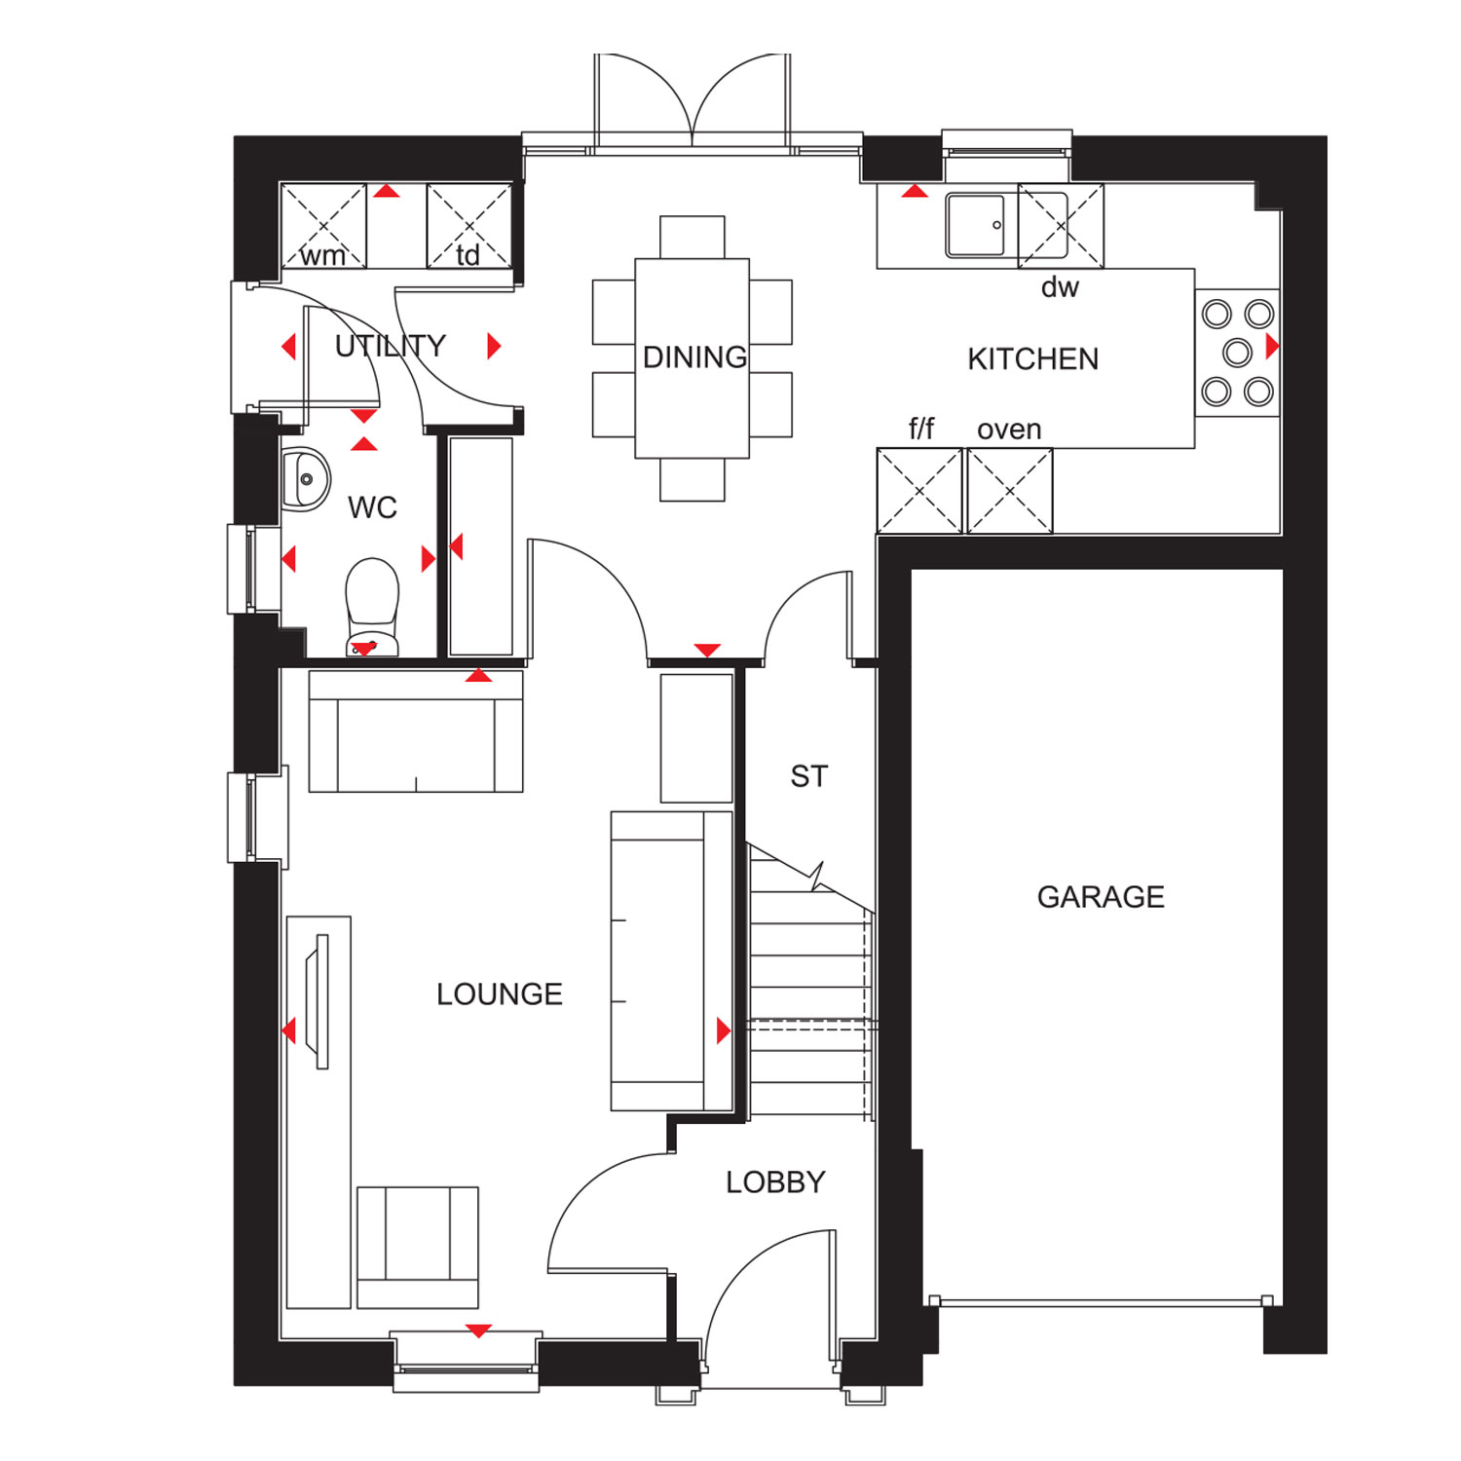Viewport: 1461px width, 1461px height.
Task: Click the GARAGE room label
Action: (x=1100, y=896)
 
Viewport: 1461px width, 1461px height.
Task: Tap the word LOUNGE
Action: (x=499, y=993)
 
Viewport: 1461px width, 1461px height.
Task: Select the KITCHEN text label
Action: (x=1032, y=358)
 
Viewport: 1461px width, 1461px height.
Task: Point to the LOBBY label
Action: (x=775, y=1181)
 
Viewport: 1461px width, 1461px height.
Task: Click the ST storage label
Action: (x=808, y=776)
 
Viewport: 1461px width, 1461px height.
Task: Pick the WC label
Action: (x=372, y=507)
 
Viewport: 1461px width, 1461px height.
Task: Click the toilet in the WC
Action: (x=372, y=604)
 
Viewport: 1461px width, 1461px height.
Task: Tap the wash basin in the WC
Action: (x=304, y=479)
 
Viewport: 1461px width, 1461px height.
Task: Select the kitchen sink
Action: (x=975, y=225)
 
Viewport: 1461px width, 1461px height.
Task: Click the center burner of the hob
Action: (x=1237, y=352)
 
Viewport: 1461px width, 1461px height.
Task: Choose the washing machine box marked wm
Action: (x=323, y=226)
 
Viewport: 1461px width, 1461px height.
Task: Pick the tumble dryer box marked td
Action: (x=468, y=226)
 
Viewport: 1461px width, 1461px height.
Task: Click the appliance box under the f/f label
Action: (x=919, y=491)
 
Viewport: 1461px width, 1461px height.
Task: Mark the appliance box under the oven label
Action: (x=1010, y=491)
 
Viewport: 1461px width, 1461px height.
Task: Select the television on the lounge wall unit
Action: (x=318, y=1001)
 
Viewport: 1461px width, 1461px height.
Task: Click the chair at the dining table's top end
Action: (x=692, y=237)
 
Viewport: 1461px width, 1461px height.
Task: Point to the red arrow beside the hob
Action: (x=1271, y=346)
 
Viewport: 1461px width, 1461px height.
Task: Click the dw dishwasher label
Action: (x=1060, y=287)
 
